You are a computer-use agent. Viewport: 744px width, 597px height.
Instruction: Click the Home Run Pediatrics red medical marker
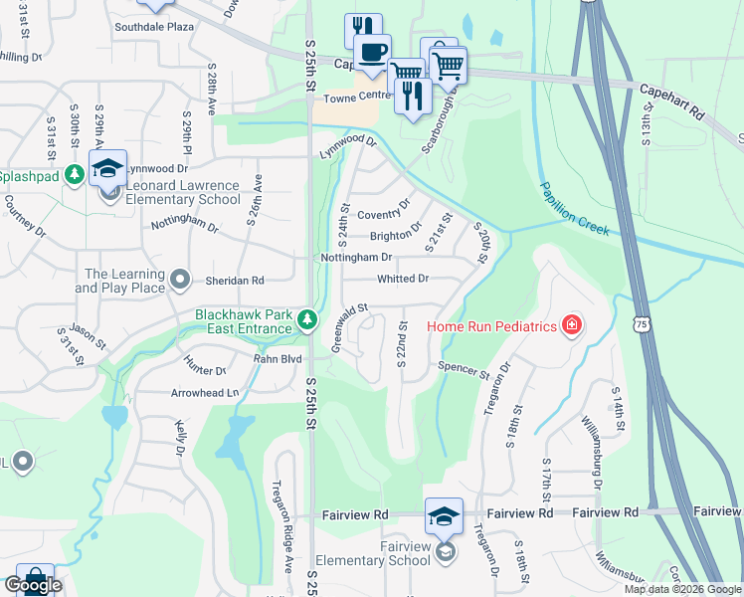pyautogui.click(x=571, y=324)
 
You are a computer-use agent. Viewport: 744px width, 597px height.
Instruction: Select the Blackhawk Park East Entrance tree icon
pyautogui.click(x=307, y=320)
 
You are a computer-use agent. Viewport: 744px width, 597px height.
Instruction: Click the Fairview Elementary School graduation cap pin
pyautogui.click(x=444, y=515)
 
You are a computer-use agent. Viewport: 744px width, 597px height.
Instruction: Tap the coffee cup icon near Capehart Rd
pyautogui.click(x=373, y=52)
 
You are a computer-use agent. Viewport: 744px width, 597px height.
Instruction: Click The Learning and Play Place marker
pyautogui.click(x=179, y=280)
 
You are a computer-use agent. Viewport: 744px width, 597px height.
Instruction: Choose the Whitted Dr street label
pyautogui.click(x=402, y=280)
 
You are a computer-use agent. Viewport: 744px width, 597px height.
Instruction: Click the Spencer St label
pyautogui.click(x=465, y=371)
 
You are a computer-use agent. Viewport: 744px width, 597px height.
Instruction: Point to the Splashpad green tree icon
pyautogui.click(x=74, y=174)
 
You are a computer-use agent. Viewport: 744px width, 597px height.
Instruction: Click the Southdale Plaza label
pyautogui.click(x=153, y=27)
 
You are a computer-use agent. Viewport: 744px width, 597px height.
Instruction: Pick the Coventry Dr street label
pyautogui.click(x=383, y=214)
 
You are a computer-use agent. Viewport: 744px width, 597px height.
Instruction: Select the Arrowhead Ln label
pyautogui.click(x=205, y=393)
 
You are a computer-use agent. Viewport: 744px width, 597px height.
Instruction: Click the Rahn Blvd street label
pyautogui.click(x=277, y=359)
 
